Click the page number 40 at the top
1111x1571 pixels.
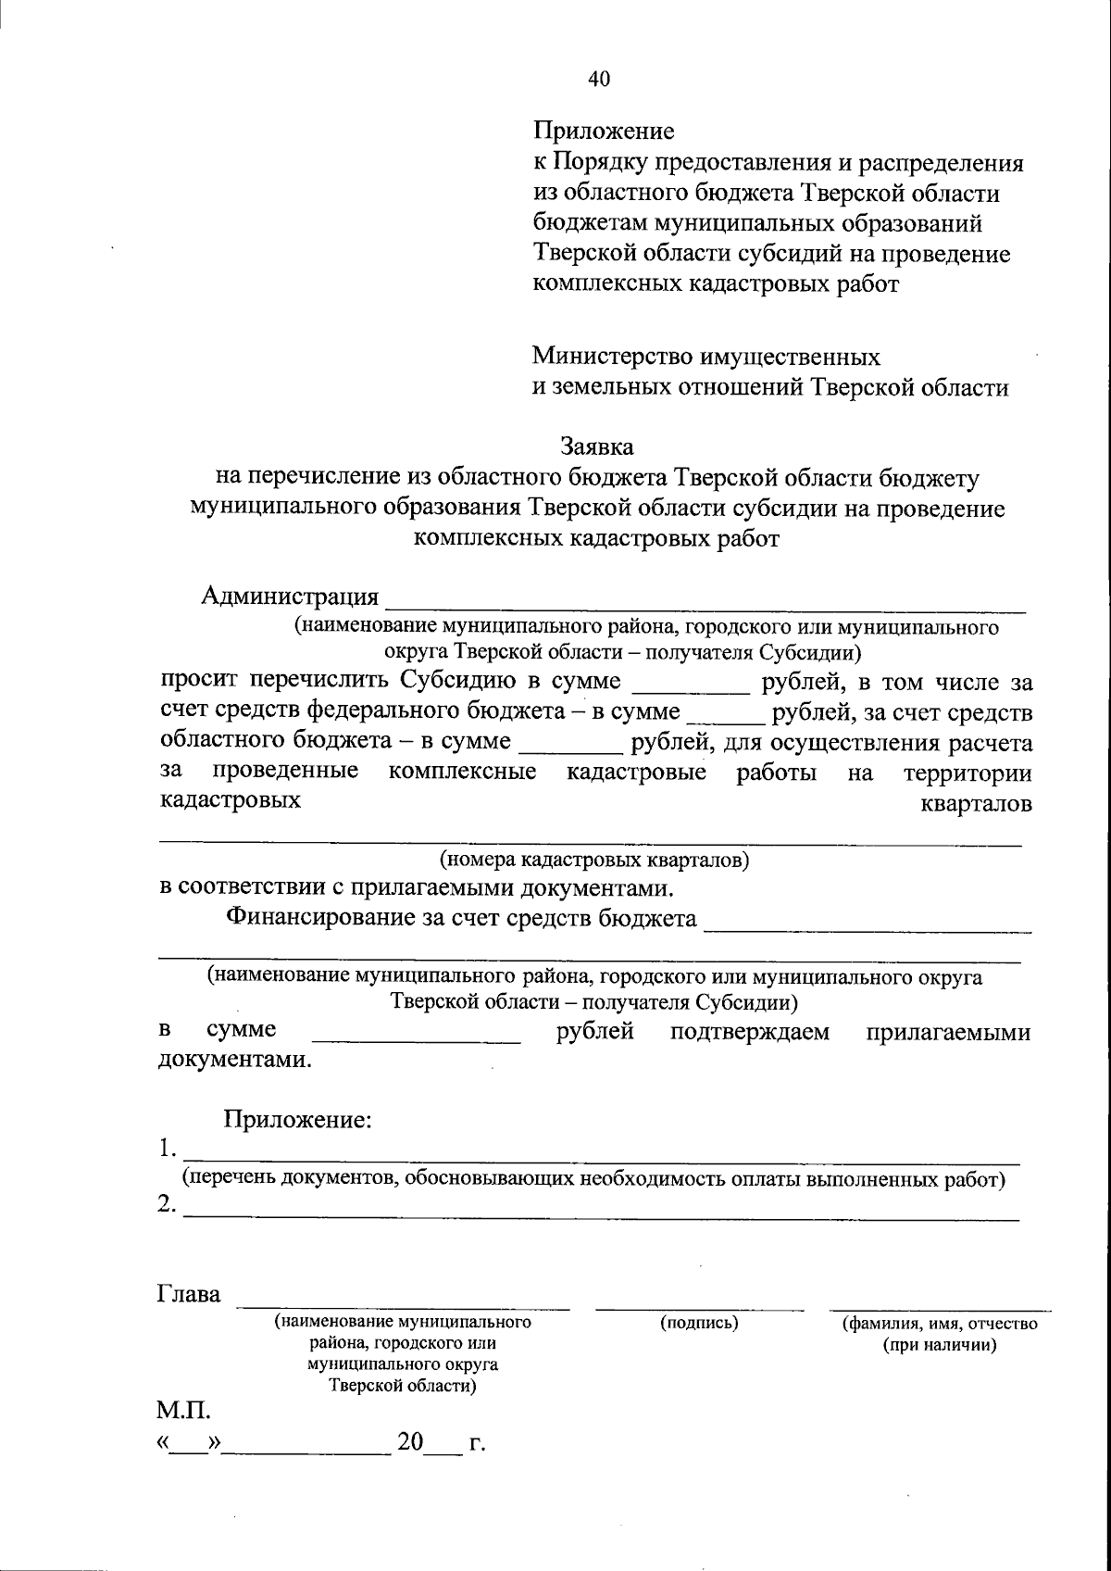coord(599,80)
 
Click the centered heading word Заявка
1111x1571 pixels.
coord(597,446)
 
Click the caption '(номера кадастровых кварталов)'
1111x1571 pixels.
coord(593,860)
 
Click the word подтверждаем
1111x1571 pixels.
coord(750,1032)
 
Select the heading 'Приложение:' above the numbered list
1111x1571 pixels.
coord(297,1119)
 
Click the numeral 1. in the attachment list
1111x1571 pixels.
coord(167,1150)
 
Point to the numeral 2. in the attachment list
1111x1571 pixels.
coord(167,1204)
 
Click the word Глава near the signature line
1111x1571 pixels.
coord(190,1294)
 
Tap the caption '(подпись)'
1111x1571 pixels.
coord(699,1323)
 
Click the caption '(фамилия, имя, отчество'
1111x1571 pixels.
coord(939,1324)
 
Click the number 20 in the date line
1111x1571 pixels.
coord(410,1442)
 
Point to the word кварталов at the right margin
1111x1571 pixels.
coord(976,803)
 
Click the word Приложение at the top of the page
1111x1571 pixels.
coord(603,132)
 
